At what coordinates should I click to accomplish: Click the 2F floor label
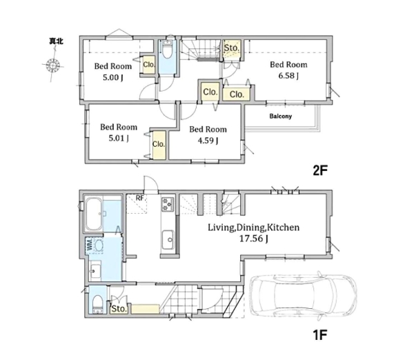(x=320, y=171)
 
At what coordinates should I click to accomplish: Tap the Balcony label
(x=280, y=116)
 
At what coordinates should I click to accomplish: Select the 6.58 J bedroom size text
(x=288, y=76)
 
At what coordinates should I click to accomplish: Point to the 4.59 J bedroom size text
(x=208, y=141)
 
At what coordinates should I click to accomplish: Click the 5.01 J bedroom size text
(x=119, y=139)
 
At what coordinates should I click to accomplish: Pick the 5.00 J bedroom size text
(x=113, y=78)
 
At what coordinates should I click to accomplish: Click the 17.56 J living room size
(x=253, y=239)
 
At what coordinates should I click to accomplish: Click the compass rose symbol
(x=53, y=65)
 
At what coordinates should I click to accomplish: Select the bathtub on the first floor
(x=94, y=214)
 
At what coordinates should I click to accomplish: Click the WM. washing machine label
(x=89, y=244)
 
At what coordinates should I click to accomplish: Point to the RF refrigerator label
(x=139, y=198)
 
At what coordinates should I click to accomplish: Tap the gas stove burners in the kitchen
(x=168, y=204)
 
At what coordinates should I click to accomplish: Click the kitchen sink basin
(x=168, y=239)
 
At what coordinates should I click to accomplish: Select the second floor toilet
(x=167, y=50)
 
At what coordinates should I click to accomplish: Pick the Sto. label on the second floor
(x=232, y=48)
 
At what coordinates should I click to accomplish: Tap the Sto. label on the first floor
(x=119, y=309)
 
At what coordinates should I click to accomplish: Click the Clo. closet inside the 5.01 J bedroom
(x=159, y=144)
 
